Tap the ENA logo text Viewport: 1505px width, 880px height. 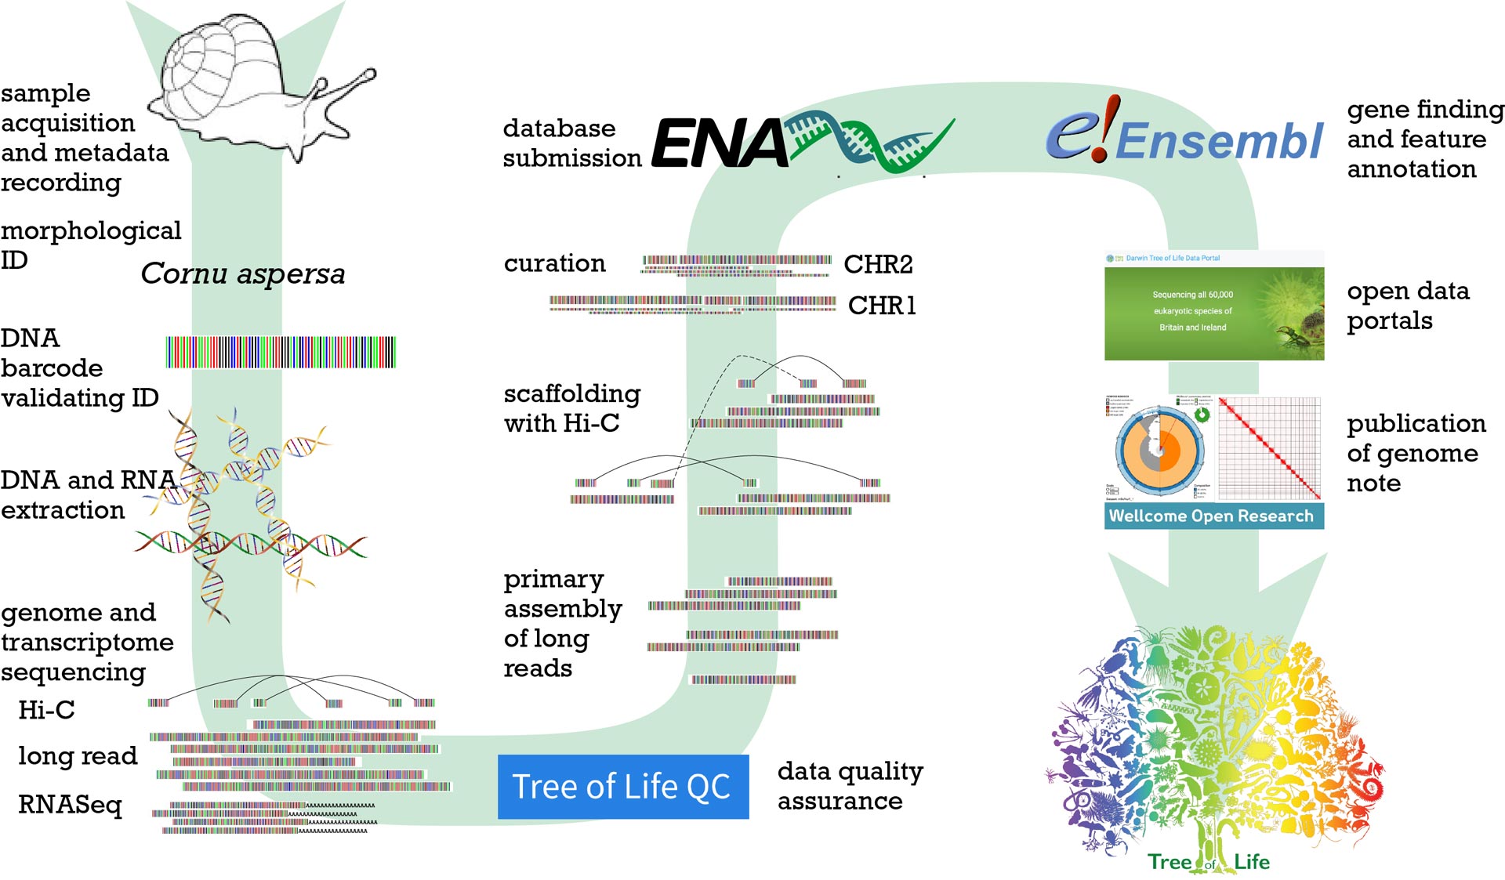coord(720,144)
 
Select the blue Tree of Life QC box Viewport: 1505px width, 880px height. coord(623,787)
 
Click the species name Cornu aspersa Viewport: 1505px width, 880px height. coord(243,273)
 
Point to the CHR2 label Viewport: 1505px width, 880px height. coord(878,264)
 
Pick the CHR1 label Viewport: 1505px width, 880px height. coord(882,305)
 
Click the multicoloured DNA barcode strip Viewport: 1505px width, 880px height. coord(281,352)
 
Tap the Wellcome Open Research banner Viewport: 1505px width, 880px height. coord(1213,516)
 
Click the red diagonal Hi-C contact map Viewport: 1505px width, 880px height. coord(1269,449)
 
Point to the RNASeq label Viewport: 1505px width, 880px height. coord(71,805)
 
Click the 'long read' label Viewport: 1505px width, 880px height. coord(78,755)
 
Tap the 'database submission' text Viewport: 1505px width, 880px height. coord(571,143)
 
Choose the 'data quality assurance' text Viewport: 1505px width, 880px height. coord(850,786)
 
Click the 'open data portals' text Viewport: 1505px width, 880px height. coord(1407,306)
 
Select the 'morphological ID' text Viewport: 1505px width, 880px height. coord(90,244)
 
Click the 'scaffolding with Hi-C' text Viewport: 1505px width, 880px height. coord(571,407)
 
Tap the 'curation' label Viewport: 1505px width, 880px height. coord(554,263)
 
